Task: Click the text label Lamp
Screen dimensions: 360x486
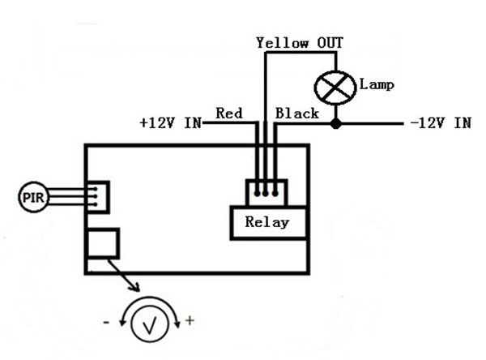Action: [x=377, y=84]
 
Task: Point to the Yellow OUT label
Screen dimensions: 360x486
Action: [x=294, y=42]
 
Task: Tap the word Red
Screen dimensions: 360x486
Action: [x=229, y=113]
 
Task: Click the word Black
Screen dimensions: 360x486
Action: [x=297, y=113]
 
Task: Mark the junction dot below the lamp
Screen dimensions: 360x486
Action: [x=336, y=124]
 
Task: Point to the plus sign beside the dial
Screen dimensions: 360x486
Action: [x=190, y=320]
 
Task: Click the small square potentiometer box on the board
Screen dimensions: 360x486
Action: [x=103, y=244]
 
